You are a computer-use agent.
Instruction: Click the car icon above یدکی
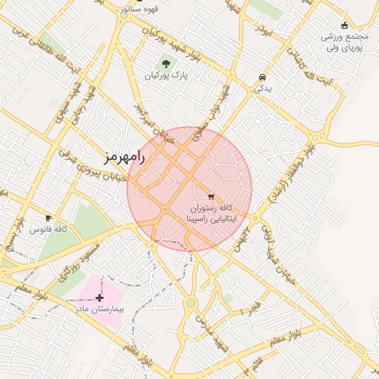coord(262,77)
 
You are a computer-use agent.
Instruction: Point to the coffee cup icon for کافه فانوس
coord(49,218)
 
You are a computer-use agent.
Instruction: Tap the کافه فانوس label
coord(49,229)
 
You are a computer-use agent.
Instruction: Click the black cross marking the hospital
coord(100,298)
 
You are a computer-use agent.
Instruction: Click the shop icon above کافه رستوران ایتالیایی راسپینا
coord(211,197)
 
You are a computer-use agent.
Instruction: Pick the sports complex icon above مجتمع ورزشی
coord(345,25)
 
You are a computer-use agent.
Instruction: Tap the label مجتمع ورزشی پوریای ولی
coord(345,42)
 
